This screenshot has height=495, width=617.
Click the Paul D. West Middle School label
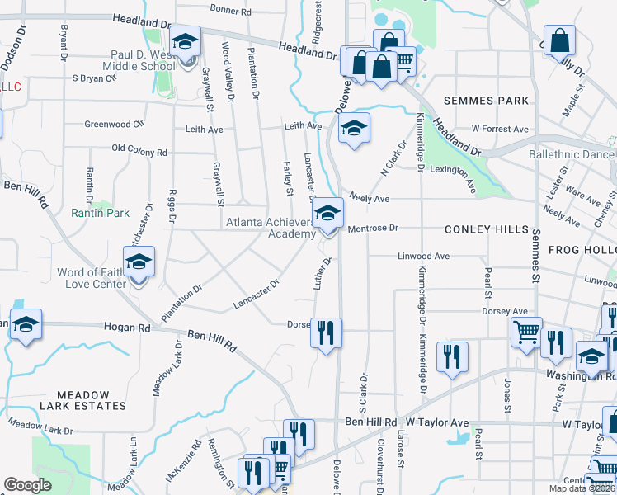click(x=139, y=60)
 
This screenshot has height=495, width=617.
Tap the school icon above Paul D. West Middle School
click(x=186, y=42)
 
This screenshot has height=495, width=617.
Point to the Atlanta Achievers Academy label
click(x=271, y=228)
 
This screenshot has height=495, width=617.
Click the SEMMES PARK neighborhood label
click(x=485, y=101)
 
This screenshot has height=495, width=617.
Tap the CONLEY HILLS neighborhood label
click(x=484, y=229)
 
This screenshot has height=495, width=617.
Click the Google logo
click(x=28, y=484)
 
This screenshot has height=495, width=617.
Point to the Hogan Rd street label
click(x=127, y=328)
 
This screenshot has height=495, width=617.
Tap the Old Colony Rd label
click(x=139, y=152)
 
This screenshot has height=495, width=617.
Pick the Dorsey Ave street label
click(x=505, y=311)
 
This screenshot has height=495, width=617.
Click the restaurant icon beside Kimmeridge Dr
click(x=451, y=356)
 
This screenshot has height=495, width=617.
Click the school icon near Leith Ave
click(x=354, y=128)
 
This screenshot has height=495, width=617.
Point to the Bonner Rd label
click(x=230, y=11)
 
